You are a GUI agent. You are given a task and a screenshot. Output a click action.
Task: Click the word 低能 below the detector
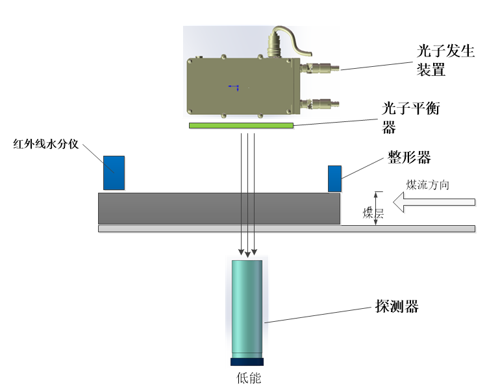pos(248,378)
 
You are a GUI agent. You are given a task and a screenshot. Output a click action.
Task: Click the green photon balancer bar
pos(241,125)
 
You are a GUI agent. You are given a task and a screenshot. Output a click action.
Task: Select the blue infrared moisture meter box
pos(114,173)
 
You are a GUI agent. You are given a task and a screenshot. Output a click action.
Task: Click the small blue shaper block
pos(334,178)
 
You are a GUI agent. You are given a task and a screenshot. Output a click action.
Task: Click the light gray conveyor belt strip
pos(286,228)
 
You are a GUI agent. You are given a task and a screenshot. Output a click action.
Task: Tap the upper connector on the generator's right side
pos(321,68)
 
